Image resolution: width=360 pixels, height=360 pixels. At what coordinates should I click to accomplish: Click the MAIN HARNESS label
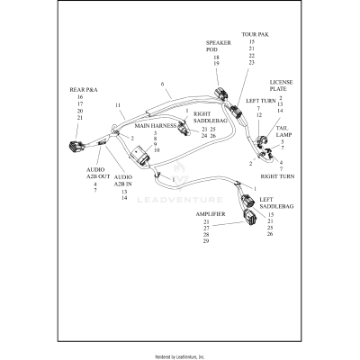(x=155, y=126)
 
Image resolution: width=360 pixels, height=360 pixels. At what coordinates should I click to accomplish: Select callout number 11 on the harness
(x=118, y=105)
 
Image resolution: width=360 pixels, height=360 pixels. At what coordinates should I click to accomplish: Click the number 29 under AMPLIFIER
(x=206, y=241)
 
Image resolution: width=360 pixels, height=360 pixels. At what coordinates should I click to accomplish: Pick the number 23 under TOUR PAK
(x=251, y=63)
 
